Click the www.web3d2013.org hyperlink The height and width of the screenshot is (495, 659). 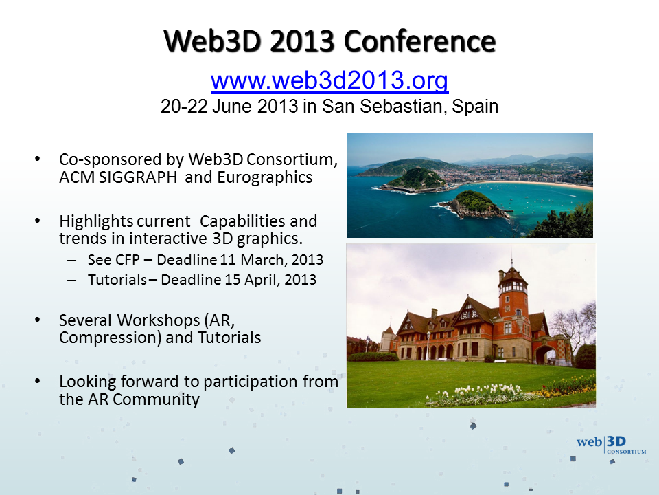329,80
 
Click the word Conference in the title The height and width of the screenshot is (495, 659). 420,41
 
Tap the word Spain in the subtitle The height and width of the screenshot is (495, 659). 475,107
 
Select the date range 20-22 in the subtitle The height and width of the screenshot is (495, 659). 184,107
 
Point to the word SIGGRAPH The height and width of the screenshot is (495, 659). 138,177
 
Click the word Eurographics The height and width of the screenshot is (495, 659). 265,177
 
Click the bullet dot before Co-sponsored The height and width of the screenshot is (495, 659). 37,159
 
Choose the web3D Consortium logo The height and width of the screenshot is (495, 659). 611,445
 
